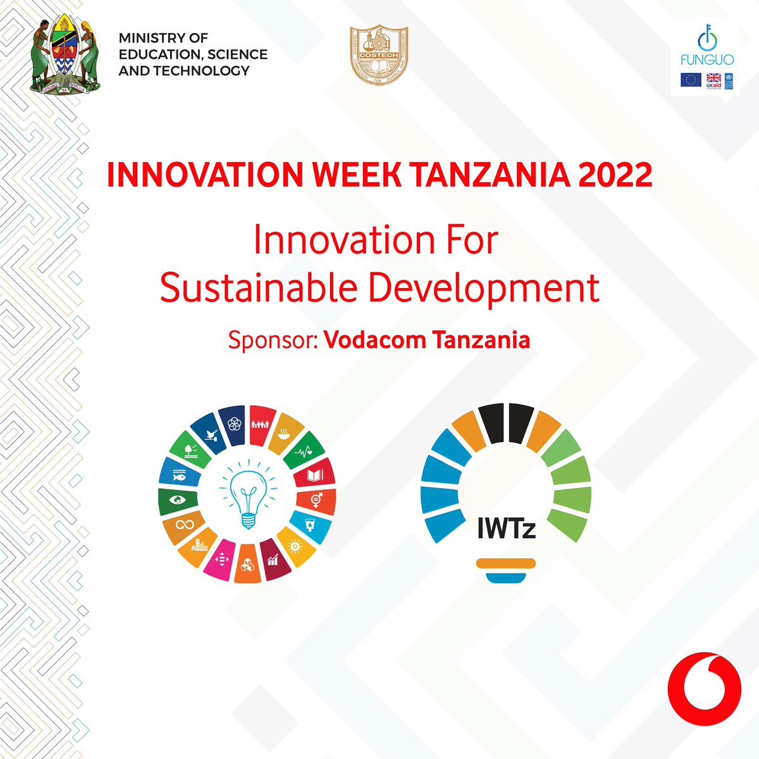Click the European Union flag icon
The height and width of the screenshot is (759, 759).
click(x=691, y=80)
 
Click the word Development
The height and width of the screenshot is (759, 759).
click(x=483, y=288)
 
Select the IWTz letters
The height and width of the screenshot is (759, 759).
click(x=506, y=527)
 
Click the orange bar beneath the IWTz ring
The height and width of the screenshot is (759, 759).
click(x=506, y=563)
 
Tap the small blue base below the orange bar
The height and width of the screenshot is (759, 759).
click(x=506, y=575)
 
